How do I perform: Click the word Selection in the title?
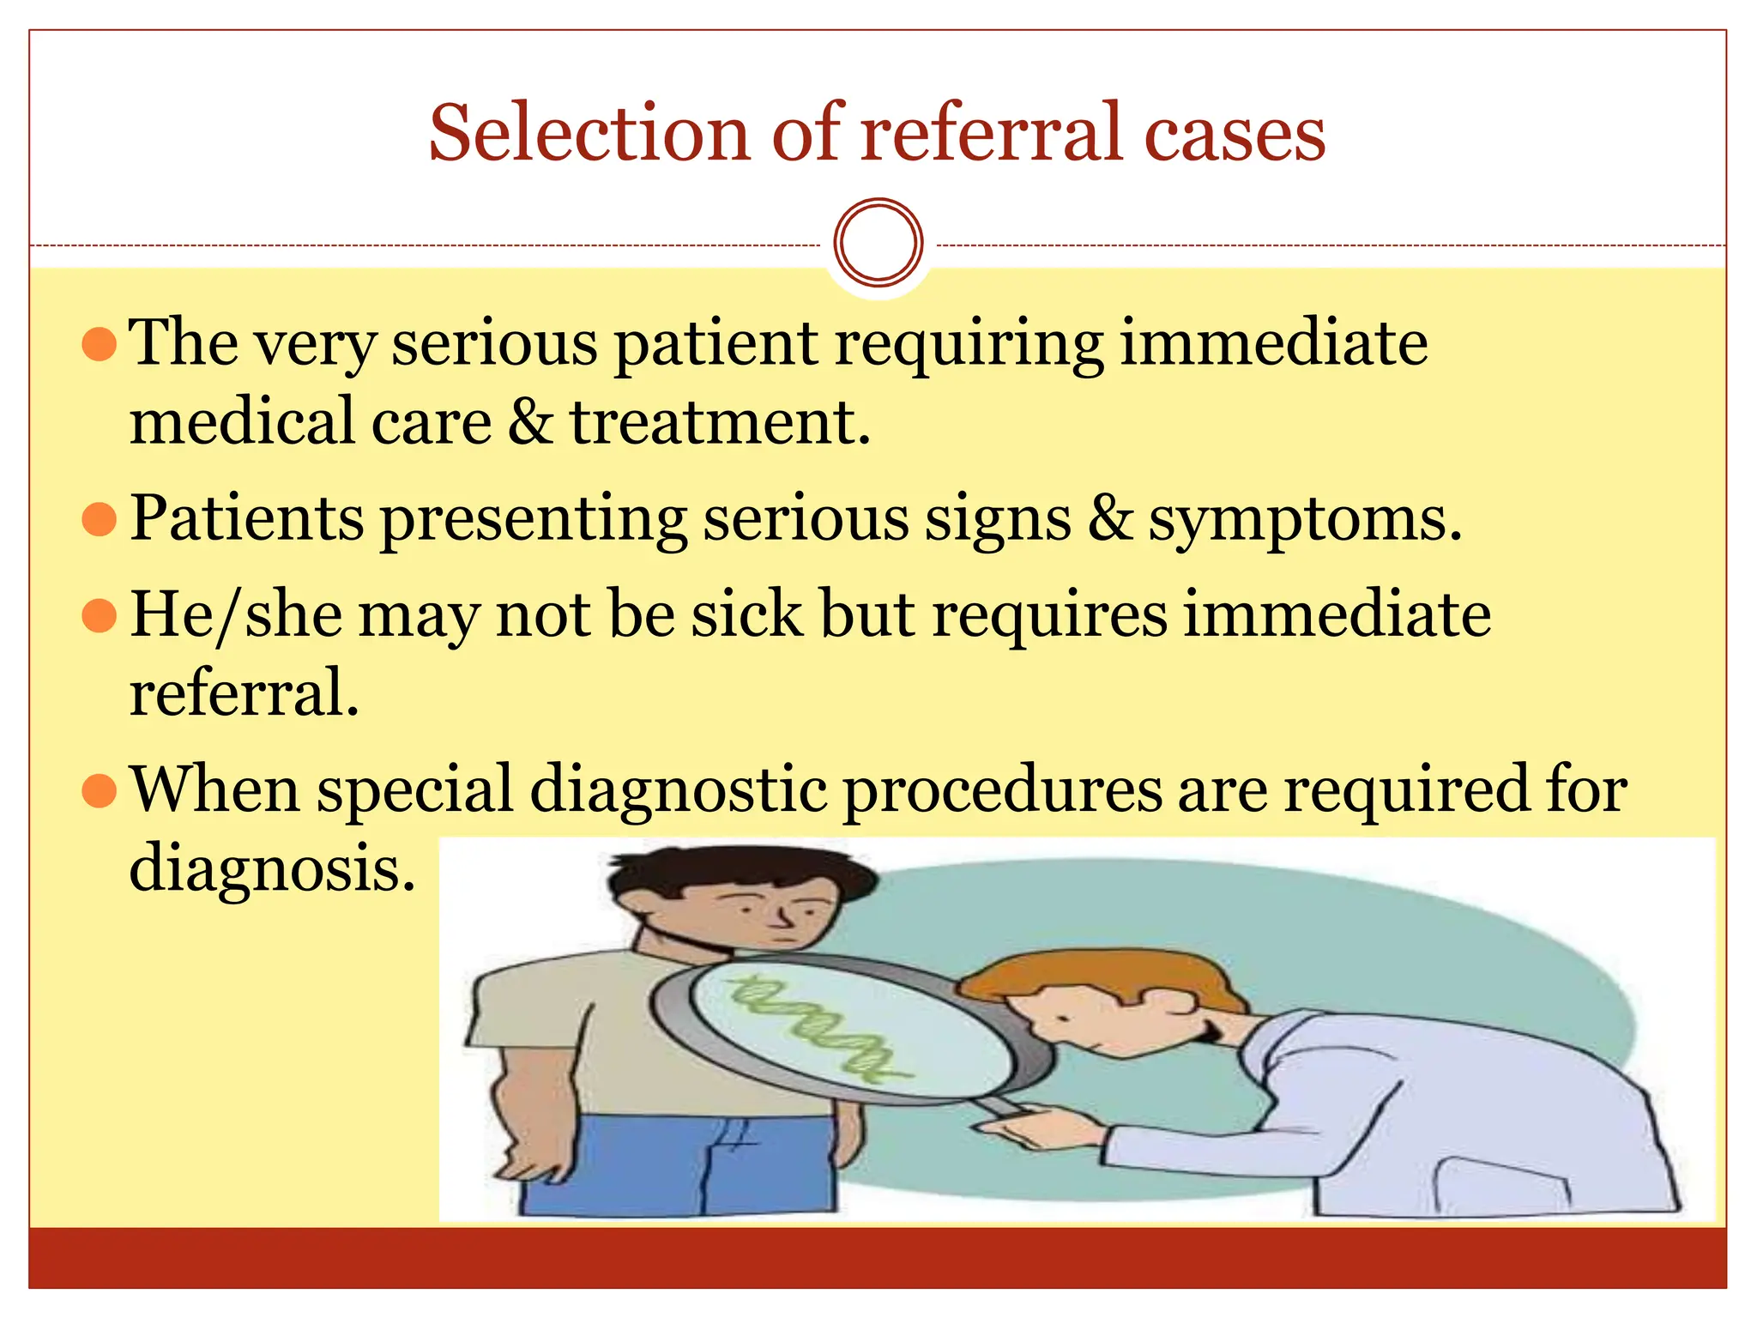click(589, 133)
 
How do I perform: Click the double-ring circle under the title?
click(878, 242)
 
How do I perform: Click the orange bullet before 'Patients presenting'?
click(99, 519)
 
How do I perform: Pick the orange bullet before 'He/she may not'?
click(99, 615)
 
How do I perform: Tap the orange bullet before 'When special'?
click(99, 790)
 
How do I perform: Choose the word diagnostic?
click(679, 790)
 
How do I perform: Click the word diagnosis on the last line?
click(271, 868)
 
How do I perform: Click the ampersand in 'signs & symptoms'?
click(1110, 519)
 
